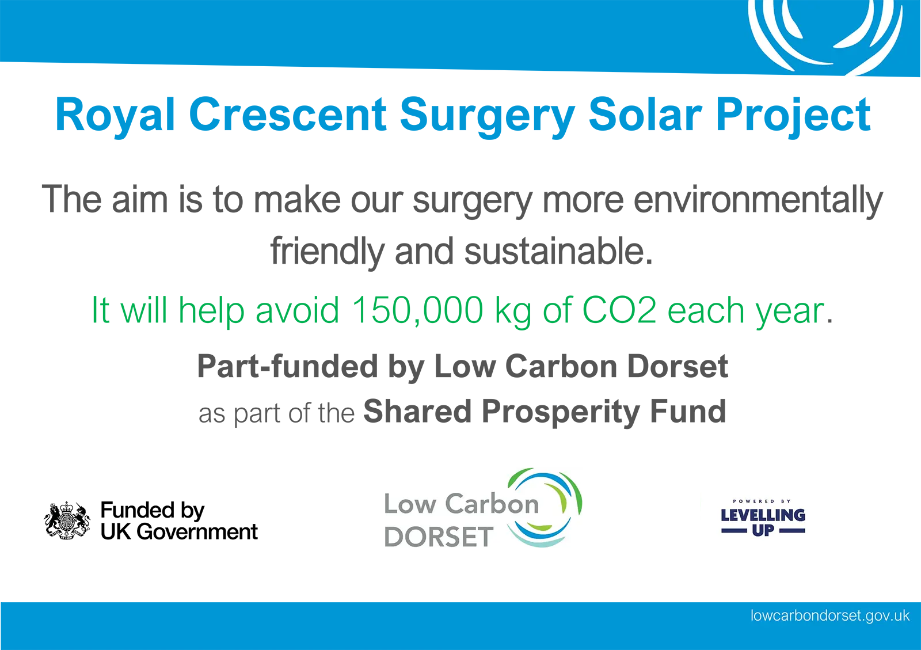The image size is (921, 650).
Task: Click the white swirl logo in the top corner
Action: pyautogui.click(x=825, y=35)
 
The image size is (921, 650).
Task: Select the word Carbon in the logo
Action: pyautogui.click(x=492, y=504)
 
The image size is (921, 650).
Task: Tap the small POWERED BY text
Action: pyautogui.click(x=762, y=501)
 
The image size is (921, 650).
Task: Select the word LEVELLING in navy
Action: pyautogui.click(x=763, y=515)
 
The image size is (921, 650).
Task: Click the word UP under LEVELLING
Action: pyautogui.click(x=763, y=530)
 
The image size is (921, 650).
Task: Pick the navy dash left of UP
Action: pyautogui.click(x=734, y=531)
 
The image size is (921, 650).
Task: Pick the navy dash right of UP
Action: pyautogui.click(x=792, y=531)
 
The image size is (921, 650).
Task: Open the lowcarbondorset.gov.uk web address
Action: pyautogui.click(x=829, y=615)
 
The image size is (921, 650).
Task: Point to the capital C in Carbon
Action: pyautogui.click(x=455, y=504)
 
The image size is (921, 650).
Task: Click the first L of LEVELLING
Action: pyautogui.click(x=725, y=515)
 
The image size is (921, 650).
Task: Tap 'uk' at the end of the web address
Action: pyautogui.click(x=902, y=615)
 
